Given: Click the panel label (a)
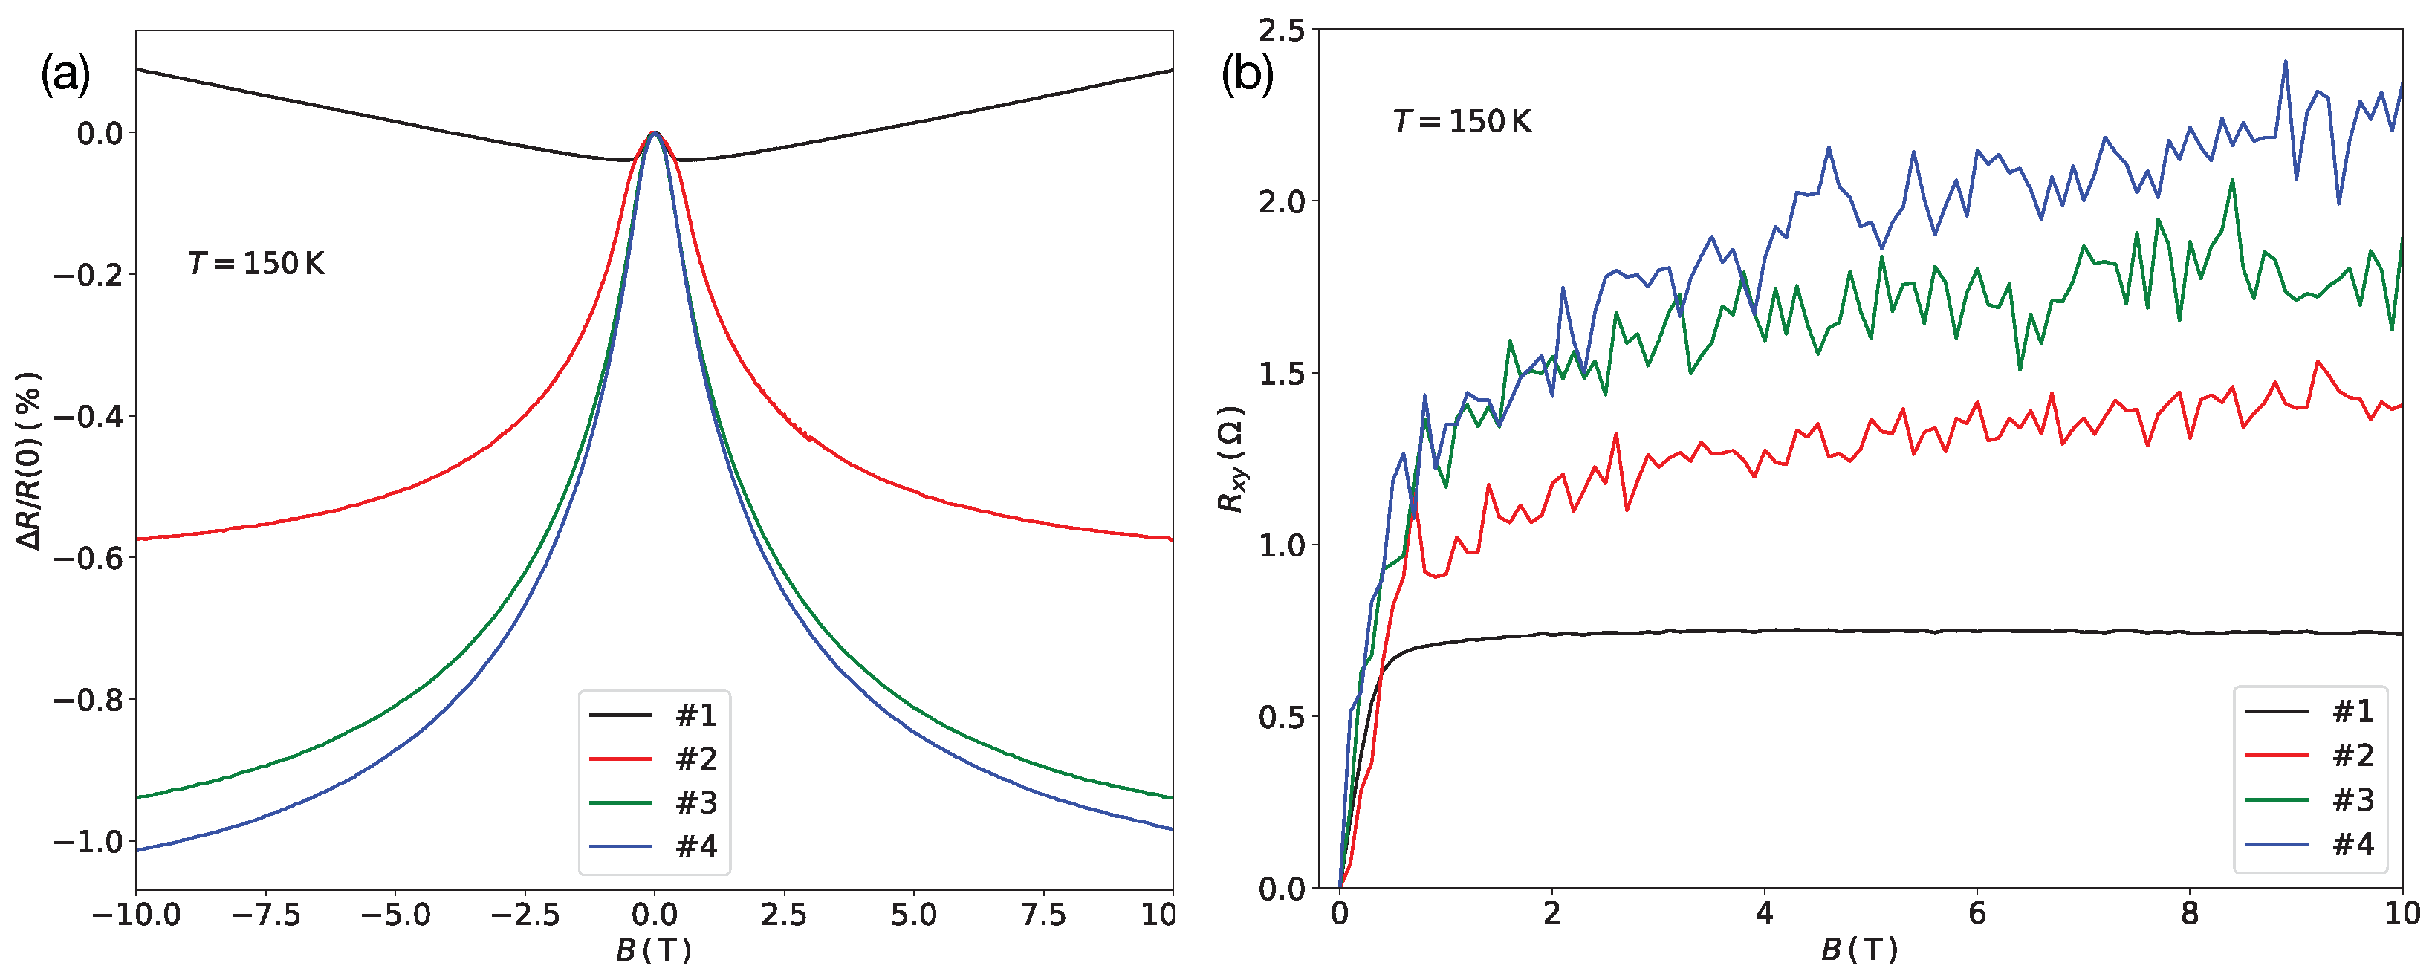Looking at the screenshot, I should tap(65, 74).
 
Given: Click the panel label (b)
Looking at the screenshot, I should tap(1247, 74).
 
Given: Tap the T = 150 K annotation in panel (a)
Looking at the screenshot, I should tap(256, 264).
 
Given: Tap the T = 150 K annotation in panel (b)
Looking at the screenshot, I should tap(1462, 122).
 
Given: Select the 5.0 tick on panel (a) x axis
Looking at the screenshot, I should tap(913, 915).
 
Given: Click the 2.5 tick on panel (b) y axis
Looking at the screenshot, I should tap(1281, 30).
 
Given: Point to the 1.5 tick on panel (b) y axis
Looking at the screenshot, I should tap(1281, 374).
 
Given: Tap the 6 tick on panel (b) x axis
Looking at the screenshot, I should tap(1977, 913).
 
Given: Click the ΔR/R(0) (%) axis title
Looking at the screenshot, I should tap(28, 460).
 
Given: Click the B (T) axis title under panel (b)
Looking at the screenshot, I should tap(1859, 950).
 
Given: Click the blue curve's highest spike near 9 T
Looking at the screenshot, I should tap(2285, 62).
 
